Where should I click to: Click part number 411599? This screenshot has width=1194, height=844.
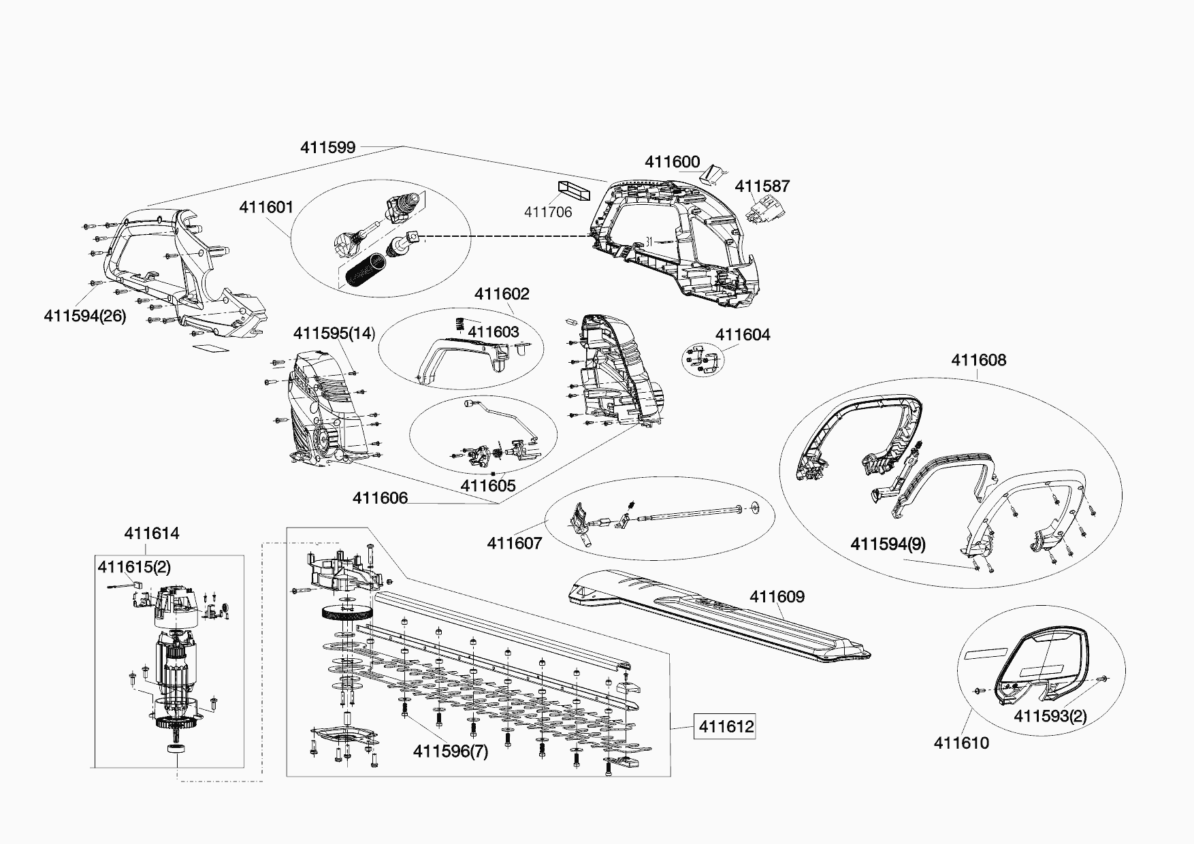click(327, 147)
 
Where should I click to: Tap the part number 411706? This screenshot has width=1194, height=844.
click(547, 212)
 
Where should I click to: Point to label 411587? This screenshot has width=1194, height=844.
click(762, 186)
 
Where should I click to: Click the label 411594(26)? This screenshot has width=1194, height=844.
click(84, 316)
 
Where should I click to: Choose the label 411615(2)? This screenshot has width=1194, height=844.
click(134, 566)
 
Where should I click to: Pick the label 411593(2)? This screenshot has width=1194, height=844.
click(1050, 716)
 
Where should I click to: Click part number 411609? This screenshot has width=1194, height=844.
click(777, 596)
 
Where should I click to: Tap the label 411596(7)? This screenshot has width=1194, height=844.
click(451, 751)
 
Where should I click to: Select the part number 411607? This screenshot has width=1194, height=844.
click(514, 543)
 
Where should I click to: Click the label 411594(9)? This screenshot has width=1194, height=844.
click(888, 544)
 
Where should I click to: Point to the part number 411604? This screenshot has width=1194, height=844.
click(743, 334)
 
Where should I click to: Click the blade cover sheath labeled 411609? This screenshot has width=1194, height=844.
click(715, 616)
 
